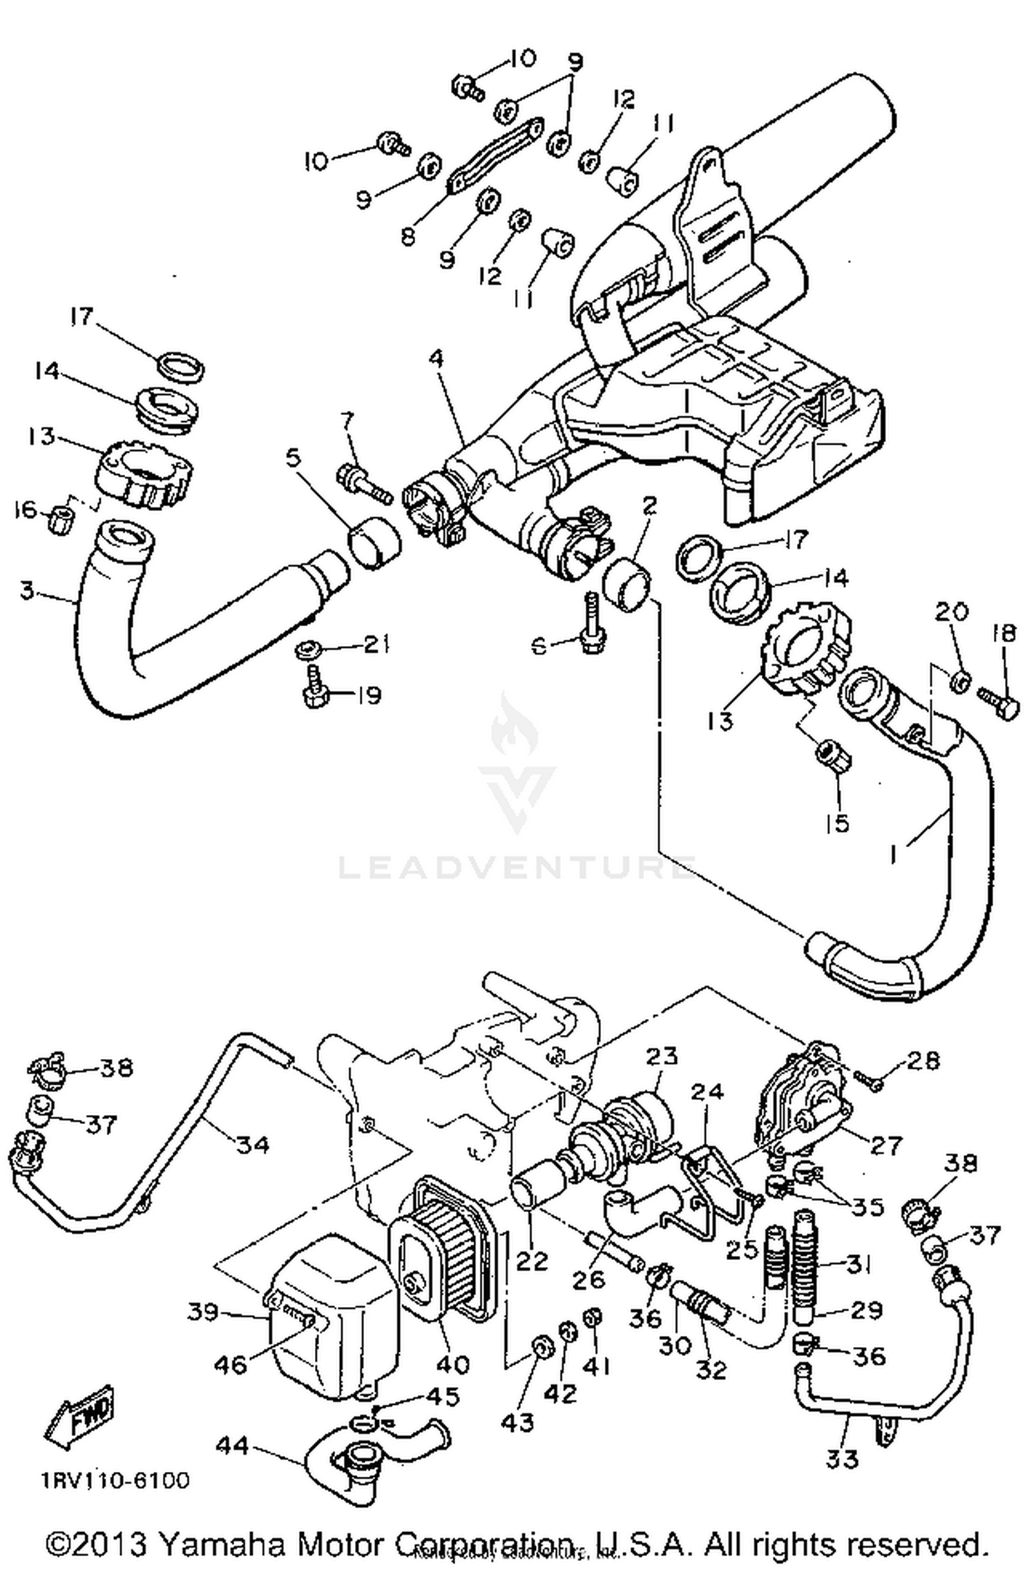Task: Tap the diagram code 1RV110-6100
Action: coord(114,1480)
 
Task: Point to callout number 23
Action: coord(662,1056)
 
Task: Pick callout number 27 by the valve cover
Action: coord(885,1145)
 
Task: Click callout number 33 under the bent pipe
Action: coord(842,1458)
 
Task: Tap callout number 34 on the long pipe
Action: coord(252,1144)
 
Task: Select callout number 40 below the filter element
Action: coord(452,1364)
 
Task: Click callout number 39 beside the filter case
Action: coord(204,1311)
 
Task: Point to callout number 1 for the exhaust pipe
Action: coord(896,855)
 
